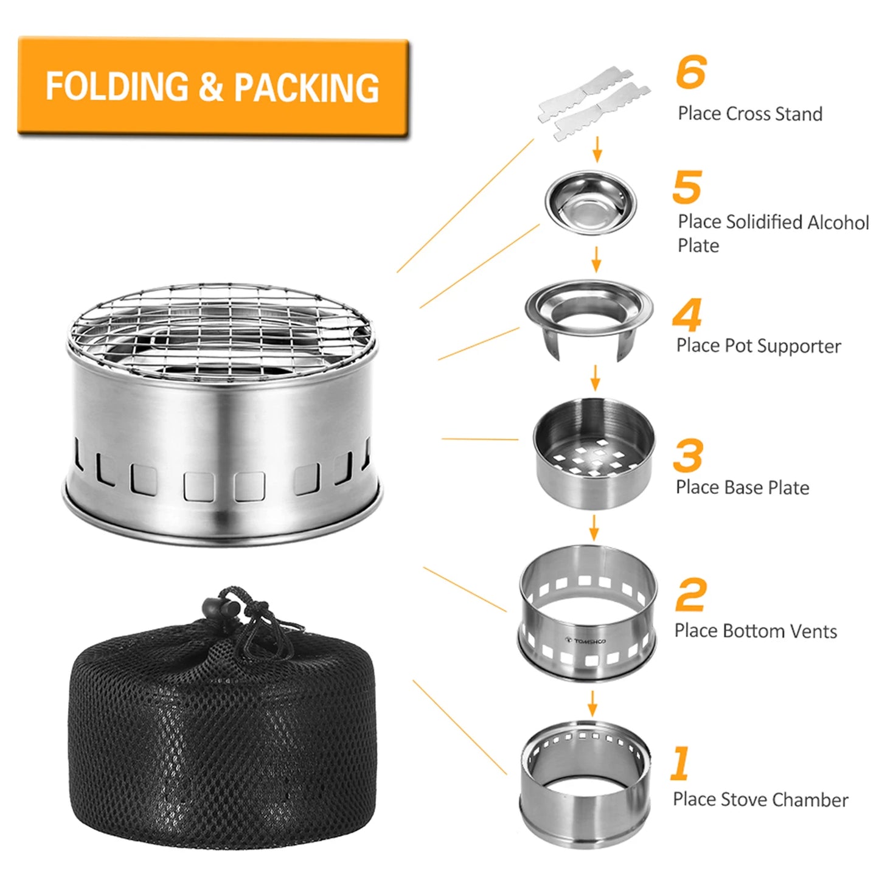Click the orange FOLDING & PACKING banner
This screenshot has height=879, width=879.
[213, 86]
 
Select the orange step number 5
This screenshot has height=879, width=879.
[687, 187]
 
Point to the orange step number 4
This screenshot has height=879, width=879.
[687, 314]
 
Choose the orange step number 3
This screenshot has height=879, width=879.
[688, 456]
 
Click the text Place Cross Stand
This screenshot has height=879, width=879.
[750, 114]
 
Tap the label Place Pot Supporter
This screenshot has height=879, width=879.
[759, 346]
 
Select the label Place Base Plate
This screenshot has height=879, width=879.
[742, 487]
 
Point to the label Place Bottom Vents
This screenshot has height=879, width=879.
[756, 631]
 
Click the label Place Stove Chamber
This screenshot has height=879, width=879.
[760, 799]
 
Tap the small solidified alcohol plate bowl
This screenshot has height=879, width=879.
[591, 203]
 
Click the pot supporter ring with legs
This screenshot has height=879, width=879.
[589, 316]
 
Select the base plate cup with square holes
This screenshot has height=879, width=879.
[594, 453]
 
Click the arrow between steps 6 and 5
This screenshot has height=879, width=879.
[597, 149]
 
